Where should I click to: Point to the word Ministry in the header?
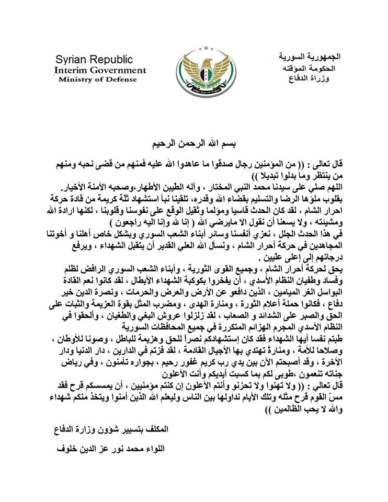76,79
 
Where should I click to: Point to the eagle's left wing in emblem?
184,71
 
